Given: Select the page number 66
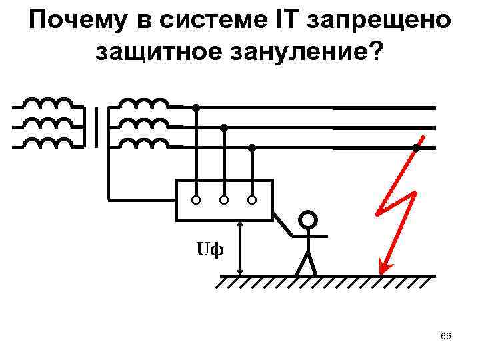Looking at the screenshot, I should pos(446,337).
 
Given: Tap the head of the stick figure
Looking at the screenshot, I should pos(307,220).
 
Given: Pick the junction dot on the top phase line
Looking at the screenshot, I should pos(196,107).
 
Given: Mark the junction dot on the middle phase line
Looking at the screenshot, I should pos(224,127).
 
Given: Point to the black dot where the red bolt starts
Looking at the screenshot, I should pos(415,148).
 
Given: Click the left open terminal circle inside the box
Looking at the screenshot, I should pos(196,199).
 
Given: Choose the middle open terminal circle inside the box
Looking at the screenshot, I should pos(224,199).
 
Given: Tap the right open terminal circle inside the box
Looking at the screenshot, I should pos(252,199).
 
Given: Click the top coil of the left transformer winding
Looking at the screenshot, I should pos(47,105).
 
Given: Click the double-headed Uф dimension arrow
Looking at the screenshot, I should pos(240,248).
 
